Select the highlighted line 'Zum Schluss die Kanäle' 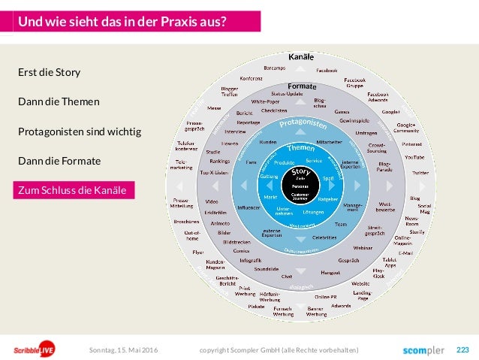pyautogui.click(x=75, y=191)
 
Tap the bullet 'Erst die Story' pyautogui.click(x=49, y=73)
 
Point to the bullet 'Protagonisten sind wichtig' pyautogui.click(x=80, y=132)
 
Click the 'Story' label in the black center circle pyautogui.click(x=301, y=173)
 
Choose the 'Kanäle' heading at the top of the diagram pyautogui.click(x=300, y=58)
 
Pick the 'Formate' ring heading pyautogui.click(x=302, y=86)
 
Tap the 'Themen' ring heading pyautogui.click(x=300, y=147)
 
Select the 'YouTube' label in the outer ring pyautogui.click(x=414, y=157)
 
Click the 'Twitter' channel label pyautogui.click(x=420, y=172)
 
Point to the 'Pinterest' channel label pyautogui.click(x=411, y=144)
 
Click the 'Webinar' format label pyautogui.click(x=363, y=247)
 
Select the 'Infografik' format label pyautogui.click(x=250, y=260)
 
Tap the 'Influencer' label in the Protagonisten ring pyautogui.click(x=249, y=207)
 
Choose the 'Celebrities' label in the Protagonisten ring pyautogui.click(x=324, y=237)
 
